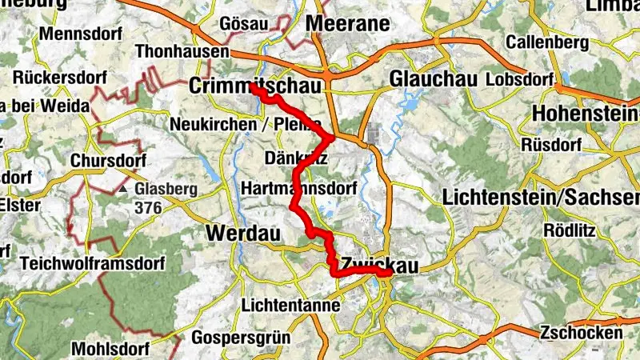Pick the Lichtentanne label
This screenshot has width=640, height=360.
pyautogui.click(x=290, y=306)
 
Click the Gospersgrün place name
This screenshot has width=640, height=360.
pyautogui.click(x=241, y=336)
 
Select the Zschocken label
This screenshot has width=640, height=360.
pyautogui.click(x=581, y=333)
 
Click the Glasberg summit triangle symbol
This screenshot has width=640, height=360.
pyautogui.click(x=123, y=190)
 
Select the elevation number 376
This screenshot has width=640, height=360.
pyautogui.click(x=149, y=208)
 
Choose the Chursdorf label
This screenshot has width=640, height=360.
pyautogui.click(x=107, y=160)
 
